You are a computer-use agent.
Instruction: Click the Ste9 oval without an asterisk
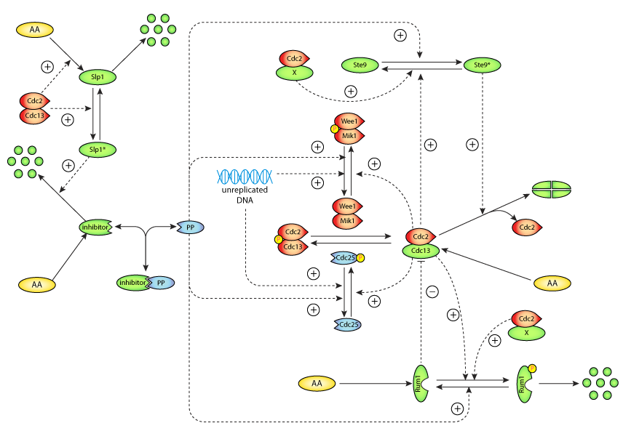360,65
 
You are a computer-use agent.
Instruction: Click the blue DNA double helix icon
245,175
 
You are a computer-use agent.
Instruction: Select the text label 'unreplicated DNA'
245,195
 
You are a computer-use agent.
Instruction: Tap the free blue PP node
190,227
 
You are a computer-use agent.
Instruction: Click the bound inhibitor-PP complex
146,282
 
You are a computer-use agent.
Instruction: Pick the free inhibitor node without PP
96,227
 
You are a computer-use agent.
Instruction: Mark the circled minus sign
432,291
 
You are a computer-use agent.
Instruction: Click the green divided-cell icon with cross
551,189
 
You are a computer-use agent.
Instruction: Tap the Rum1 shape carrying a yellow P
525,382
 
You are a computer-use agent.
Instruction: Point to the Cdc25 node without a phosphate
347,324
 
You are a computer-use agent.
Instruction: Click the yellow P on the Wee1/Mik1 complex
335,129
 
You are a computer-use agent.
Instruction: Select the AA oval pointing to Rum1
317,382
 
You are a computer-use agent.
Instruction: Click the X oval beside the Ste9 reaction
294,73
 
